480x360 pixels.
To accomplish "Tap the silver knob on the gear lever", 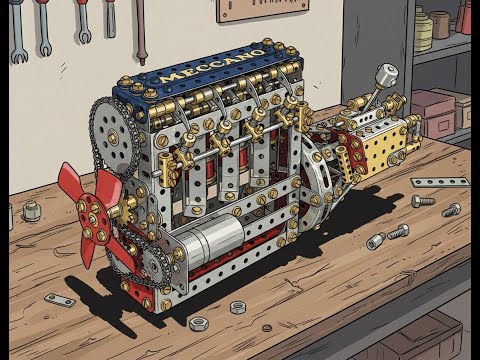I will click(386, 75).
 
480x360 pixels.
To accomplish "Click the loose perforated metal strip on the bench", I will click(439, 183).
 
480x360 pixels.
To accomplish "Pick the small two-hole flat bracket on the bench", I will click(59, 299).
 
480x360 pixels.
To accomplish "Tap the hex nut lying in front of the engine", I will click(238, 307).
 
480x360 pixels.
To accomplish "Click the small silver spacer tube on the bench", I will click(375, 242).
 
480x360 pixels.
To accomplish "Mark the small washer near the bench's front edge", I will click(197, 323).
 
